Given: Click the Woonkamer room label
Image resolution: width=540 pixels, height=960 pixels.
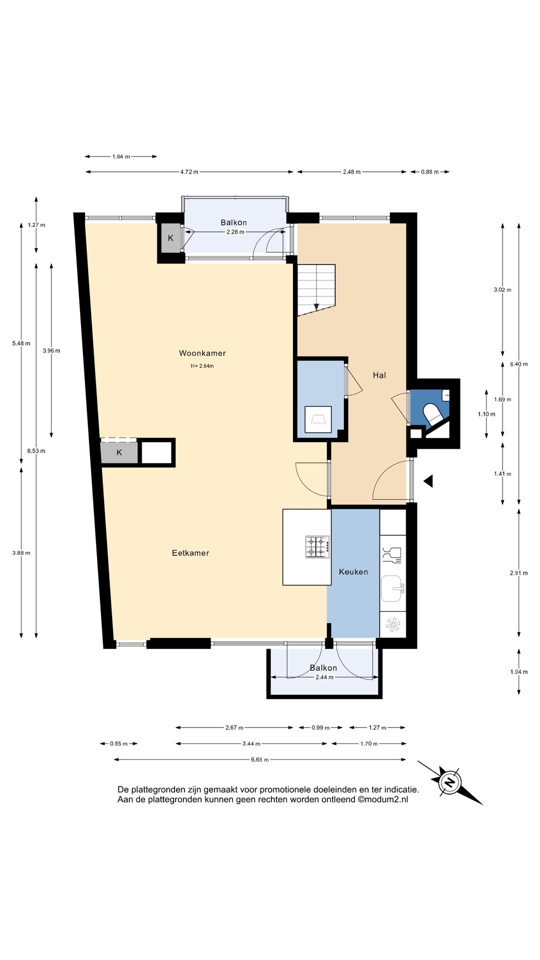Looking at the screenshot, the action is point(202,353).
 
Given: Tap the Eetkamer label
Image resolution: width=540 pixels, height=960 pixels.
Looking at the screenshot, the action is point(190,553).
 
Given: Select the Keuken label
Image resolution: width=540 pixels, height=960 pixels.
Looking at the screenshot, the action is point(353,572).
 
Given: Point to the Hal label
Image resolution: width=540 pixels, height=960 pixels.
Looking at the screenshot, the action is point(379,375).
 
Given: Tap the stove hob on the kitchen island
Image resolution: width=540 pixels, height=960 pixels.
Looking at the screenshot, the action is point(317,547).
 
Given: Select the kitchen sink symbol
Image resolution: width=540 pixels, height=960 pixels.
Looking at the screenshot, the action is point(392,588).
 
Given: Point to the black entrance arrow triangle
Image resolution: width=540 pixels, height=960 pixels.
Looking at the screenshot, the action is point(428,481).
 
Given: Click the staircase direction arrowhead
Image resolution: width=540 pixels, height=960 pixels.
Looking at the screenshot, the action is point(316,306).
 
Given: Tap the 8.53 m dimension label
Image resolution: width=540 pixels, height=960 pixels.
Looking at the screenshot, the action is point(36,451).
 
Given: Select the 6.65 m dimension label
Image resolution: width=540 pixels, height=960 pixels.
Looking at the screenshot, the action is point(259,759).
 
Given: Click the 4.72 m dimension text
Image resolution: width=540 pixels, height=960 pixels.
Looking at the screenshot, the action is point(189,172).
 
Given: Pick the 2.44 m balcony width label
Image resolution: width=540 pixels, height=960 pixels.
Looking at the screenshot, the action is point(324,677).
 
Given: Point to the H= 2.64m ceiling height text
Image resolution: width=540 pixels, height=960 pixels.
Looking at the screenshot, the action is point(202,366).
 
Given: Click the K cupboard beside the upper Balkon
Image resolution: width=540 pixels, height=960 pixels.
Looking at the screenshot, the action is point(170,238).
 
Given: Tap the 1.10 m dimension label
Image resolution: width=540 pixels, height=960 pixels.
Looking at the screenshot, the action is point(486,414).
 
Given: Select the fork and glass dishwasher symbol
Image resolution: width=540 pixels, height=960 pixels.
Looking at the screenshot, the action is point(392,555).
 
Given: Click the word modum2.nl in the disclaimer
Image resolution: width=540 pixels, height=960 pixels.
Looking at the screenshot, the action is point(386,799).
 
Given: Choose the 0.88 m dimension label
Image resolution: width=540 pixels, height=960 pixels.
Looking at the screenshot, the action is point(429,172).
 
